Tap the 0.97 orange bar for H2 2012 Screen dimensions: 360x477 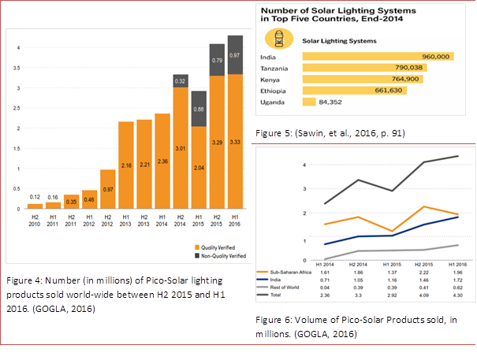pos(108,190)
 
